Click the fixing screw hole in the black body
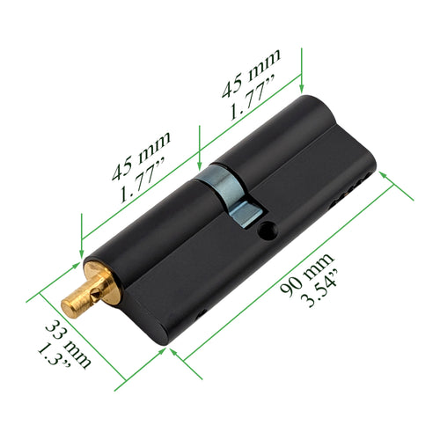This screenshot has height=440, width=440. [x=268, y=232]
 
